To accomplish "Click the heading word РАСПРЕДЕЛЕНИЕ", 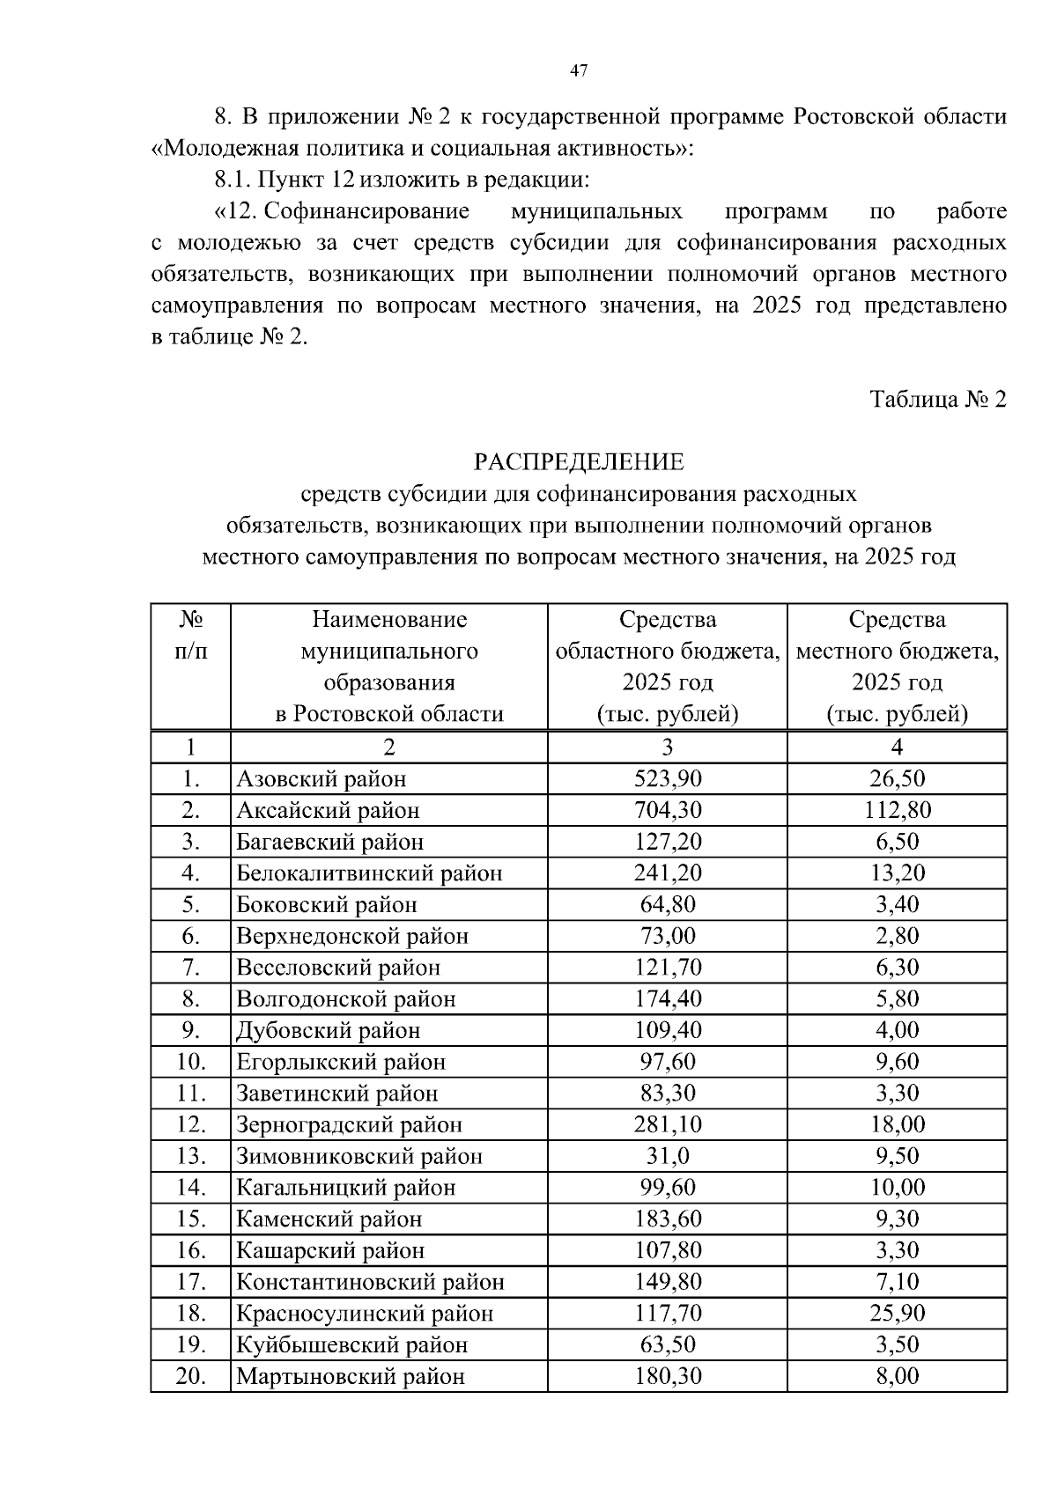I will (579, 462).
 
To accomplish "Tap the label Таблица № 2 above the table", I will (937, 400).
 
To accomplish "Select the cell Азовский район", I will (322, 779).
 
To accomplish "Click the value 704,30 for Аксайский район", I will (668, 810).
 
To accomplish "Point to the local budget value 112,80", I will (897, 810).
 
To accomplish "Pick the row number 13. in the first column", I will (190, 1156).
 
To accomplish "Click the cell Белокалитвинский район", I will (369, 873).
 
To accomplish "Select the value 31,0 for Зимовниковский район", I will (668, 1156).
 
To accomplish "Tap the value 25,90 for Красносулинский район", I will (897, 1314).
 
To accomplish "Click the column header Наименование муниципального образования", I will (388, 666).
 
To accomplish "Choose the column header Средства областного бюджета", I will (668, 666).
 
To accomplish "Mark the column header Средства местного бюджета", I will (897, 666).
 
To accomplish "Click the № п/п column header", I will (190, 636).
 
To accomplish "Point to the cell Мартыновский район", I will (350, 1377).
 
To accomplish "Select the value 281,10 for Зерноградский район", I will (668, 1125).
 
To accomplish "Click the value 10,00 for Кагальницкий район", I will (897, 1188).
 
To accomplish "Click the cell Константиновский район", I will (370, 1282).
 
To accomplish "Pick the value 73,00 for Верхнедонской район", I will (668, 936).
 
